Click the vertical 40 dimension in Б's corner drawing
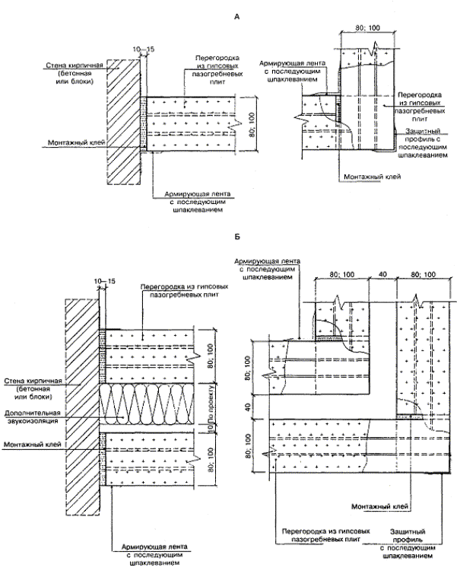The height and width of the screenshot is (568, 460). (249, 408)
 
